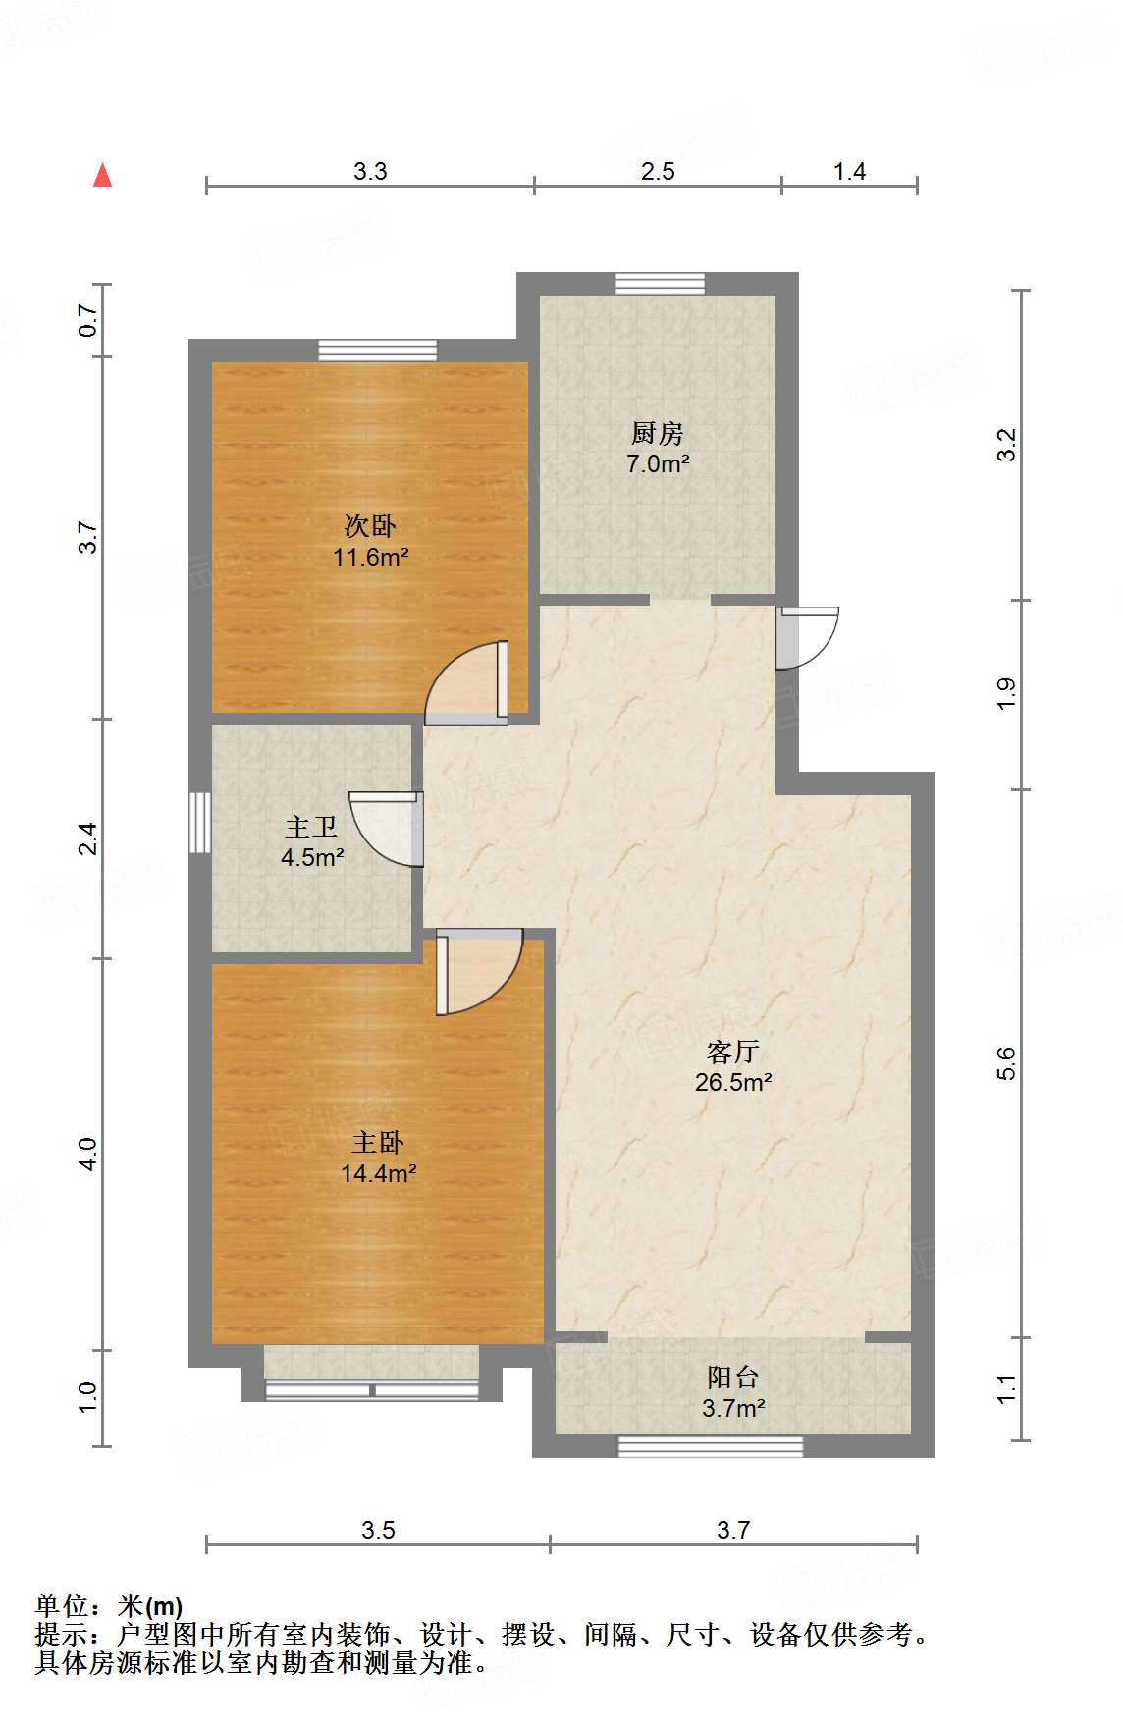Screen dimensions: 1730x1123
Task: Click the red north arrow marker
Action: click(102, 175)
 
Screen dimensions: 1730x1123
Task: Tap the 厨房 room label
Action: click(657, 433)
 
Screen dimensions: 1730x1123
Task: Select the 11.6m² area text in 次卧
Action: click(370, 558)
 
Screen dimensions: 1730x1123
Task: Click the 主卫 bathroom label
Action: click(311, 828)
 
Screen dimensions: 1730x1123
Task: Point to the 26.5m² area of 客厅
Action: click(732, 1083)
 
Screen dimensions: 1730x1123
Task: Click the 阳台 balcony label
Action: click(732, 1377)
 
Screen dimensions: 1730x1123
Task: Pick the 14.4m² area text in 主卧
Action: click(378, 1173)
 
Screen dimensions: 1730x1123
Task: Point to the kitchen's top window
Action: click(660, 283)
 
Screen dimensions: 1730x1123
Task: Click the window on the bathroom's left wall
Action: click(199, 823)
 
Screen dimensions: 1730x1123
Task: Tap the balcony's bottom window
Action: click(710, 1446)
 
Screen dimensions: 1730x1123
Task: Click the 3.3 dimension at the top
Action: click(370, 172)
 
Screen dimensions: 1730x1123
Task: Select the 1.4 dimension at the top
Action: click(849, 172)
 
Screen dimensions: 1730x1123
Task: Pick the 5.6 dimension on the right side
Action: click(1006, 1063)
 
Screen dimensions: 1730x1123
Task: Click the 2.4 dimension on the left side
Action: click(88, 838)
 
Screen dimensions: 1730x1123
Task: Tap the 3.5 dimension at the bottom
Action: click(378, 1530)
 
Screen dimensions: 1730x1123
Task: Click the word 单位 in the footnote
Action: click(62, 1606)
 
